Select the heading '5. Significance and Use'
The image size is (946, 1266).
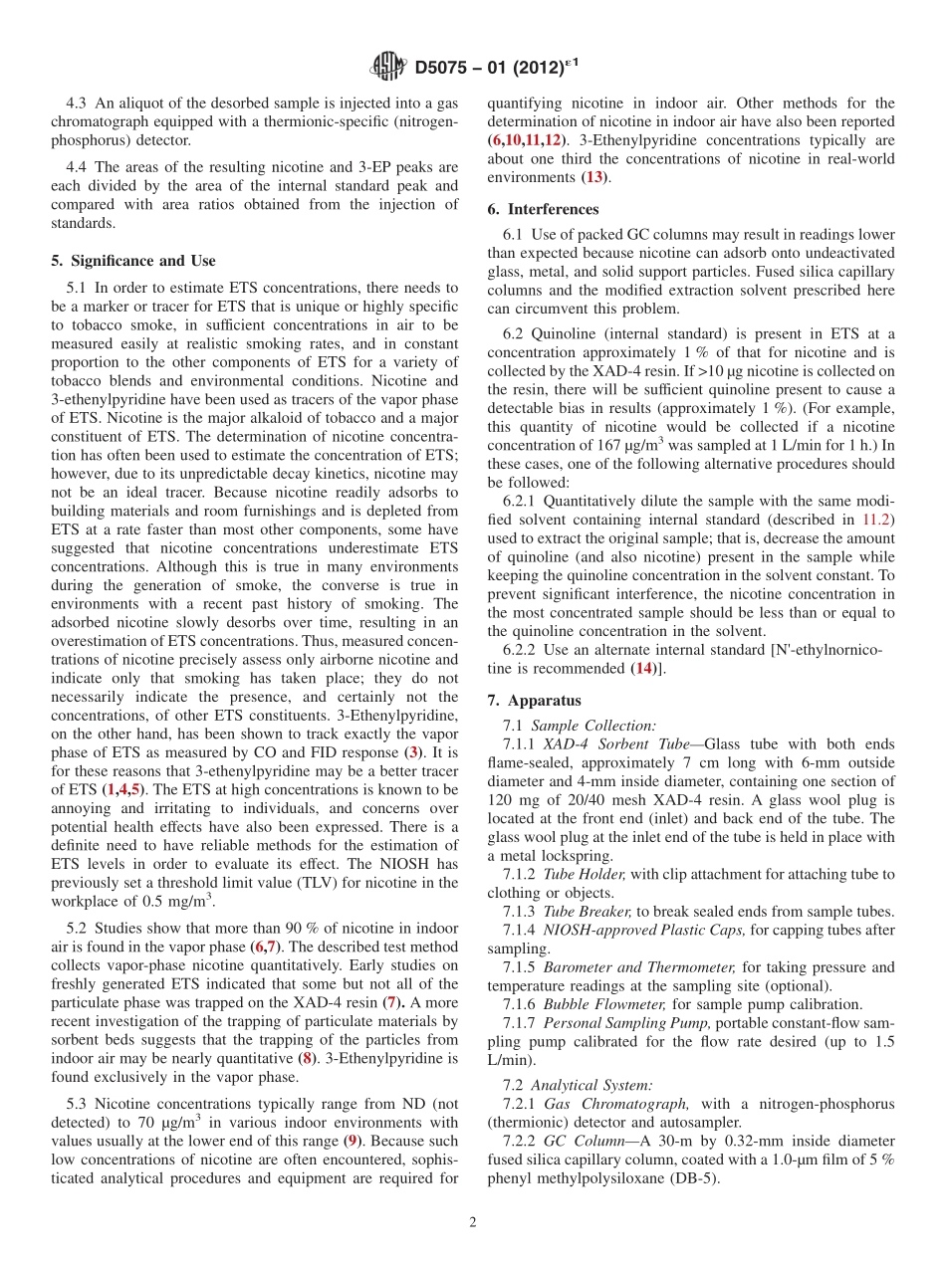(x=132, y=261)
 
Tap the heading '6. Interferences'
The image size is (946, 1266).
(x=543, y=209)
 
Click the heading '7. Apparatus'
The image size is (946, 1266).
(x=534, y=700)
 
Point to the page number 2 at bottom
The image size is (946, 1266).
(x=473, y=1222)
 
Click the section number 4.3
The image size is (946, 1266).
(x=77, y=103)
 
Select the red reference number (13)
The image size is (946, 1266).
(x=594, y=177)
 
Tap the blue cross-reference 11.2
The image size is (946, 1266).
(x=877, y=519)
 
